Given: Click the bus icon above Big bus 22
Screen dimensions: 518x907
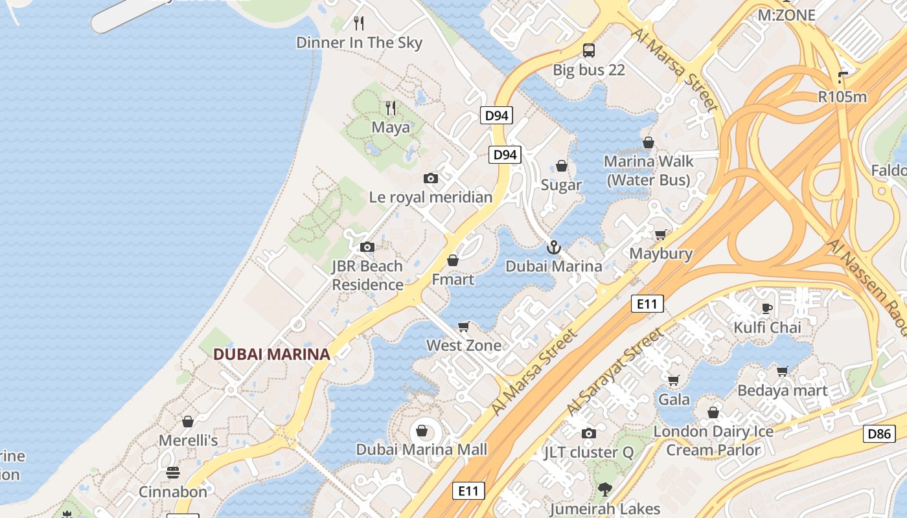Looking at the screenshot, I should point(588,50).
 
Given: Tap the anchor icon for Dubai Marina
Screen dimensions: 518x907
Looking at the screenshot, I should point(553,247).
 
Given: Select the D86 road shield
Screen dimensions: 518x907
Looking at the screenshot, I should point(879,434).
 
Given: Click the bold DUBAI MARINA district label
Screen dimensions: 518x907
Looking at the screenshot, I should point(271,354).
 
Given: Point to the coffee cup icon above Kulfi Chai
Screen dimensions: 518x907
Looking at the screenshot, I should point(767,308).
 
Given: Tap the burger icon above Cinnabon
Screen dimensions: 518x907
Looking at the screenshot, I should point(172,473).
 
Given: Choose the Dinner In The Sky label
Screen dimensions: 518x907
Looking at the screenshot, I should point(359,43).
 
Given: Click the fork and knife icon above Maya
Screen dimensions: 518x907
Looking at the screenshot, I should point(390,107).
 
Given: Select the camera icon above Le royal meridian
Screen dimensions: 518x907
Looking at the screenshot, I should point(430,178).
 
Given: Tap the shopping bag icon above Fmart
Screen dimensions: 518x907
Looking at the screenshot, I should point(453,260).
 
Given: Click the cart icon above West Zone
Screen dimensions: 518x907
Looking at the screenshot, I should point(463,326).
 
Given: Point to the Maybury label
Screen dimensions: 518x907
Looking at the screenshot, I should point(661,254).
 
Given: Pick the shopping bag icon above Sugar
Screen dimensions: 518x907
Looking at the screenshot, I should point(562,166).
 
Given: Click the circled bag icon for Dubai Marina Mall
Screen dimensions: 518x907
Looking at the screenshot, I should point(422,431).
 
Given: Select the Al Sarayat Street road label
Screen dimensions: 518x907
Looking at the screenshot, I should point(615,373).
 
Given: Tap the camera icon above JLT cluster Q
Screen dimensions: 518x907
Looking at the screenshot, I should point(588,433).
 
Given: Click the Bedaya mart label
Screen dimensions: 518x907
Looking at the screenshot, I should point(783,390).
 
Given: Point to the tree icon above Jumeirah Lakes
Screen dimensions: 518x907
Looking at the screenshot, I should point(605,489).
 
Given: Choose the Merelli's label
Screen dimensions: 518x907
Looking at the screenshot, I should point(189,440).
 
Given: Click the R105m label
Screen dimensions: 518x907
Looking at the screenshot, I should point(842,97).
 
